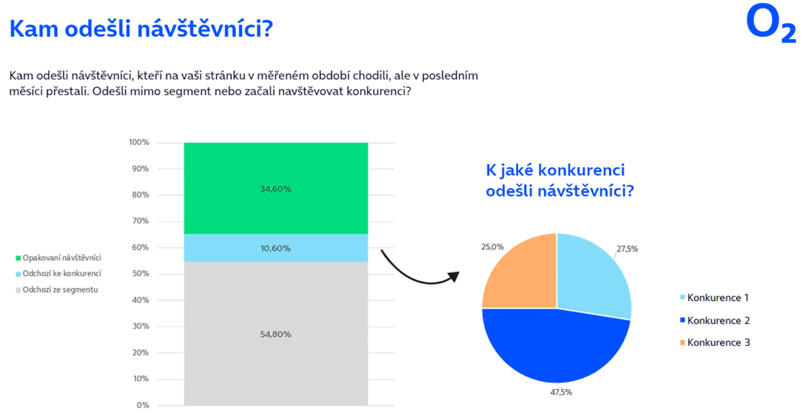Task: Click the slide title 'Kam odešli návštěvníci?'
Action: click(142, 29)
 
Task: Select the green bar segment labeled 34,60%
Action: click(276, 188)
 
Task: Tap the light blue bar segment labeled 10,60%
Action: click(276, 248)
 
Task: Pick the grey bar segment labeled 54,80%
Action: click(276, 333)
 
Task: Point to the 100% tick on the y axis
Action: click(138, 142)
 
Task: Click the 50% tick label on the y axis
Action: click(140, 274)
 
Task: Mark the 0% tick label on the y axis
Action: click(143, 406)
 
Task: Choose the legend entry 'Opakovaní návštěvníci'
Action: click(58, 258)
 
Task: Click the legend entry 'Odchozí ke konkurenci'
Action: click(58, 274)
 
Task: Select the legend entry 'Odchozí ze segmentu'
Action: click(57, 290)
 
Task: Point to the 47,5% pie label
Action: click(561, 392)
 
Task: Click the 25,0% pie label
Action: click(492, 247)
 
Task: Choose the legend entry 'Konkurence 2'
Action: click(715, 321)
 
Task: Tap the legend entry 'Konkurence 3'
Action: click(715, 343)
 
